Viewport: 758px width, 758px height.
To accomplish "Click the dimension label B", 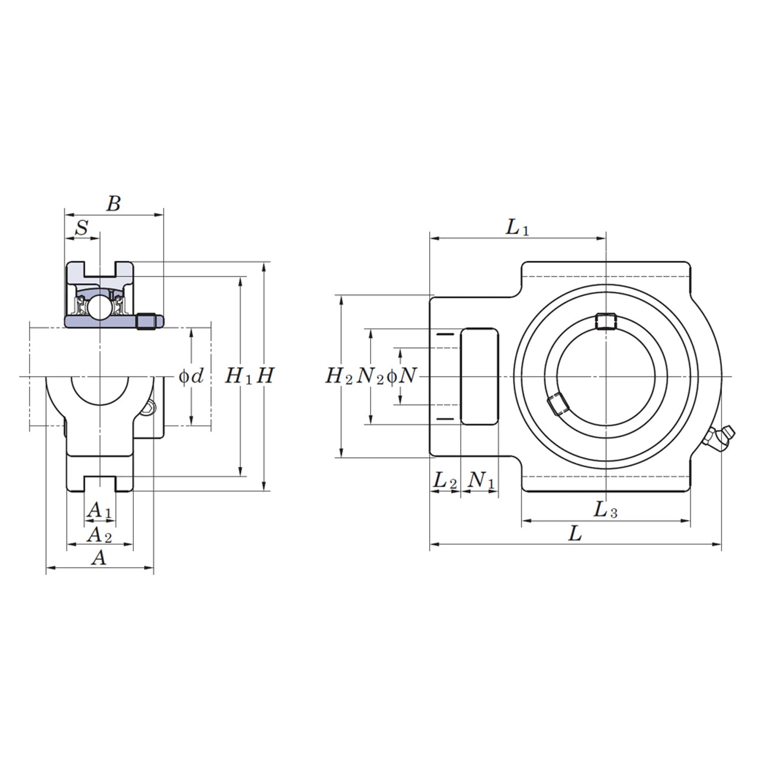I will [113, 204].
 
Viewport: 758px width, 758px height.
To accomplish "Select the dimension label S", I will [82, 227].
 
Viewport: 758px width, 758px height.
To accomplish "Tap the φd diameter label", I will [191, 375].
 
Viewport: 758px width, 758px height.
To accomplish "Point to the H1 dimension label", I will [239, 375].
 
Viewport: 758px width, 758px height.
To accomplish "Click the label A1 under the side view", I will [99, 510].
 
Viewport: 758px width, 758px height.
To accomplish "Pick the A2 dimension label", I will [99, 535].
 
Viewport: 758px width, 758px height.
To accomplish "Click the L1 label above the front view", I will [517, 227].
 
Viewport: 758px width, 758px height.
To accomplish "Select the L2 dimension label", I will [445, 481].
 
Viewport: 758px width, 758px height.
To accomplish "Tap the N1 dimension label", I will [481, 481].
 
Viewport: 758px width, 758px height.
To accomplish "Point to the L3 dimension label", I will [605, 510].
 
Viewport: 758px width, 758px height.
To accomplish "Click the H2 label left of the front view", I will [339, 375].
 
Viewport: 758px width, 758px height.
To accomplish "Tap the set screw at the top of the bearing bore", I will [605, 321].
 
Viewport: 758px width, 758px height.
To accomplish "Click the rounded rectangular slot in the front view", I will [480, 376].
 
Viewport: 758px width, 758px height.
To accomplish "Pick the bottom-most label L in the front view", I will [575, 534].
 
